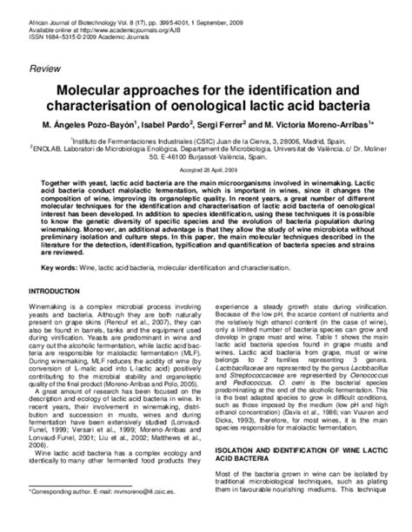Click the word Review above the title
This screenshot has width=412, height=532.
[45, 67]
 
